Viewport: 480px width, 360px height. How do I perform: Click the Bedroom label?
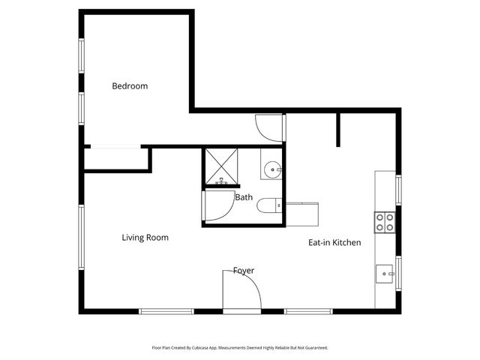point(130,85)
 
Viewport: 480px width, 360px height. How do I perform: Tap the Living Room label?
point(145,238)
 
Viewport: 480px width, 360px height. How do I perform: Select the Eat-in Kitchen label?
point(334,242)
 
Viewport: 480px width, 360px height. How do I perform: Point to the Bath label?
point(244,198)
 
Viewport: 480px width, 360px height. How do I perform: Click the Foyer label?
point(243,270)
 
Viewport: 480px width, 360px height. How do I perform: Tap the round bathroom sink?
point(271,169)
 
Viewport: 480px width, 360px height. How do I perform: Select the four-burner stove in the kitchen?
point(385,221)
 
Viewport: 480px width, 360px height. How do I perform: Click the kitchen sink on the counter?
point(385,274)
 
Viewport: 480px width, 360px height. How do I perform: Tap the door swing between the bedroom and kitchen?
point(269,126)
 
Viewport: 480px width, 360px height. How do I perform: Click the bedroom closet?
point(116,159)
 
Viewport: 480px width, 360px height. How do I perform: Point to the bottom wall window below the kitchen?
point(308,311)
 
